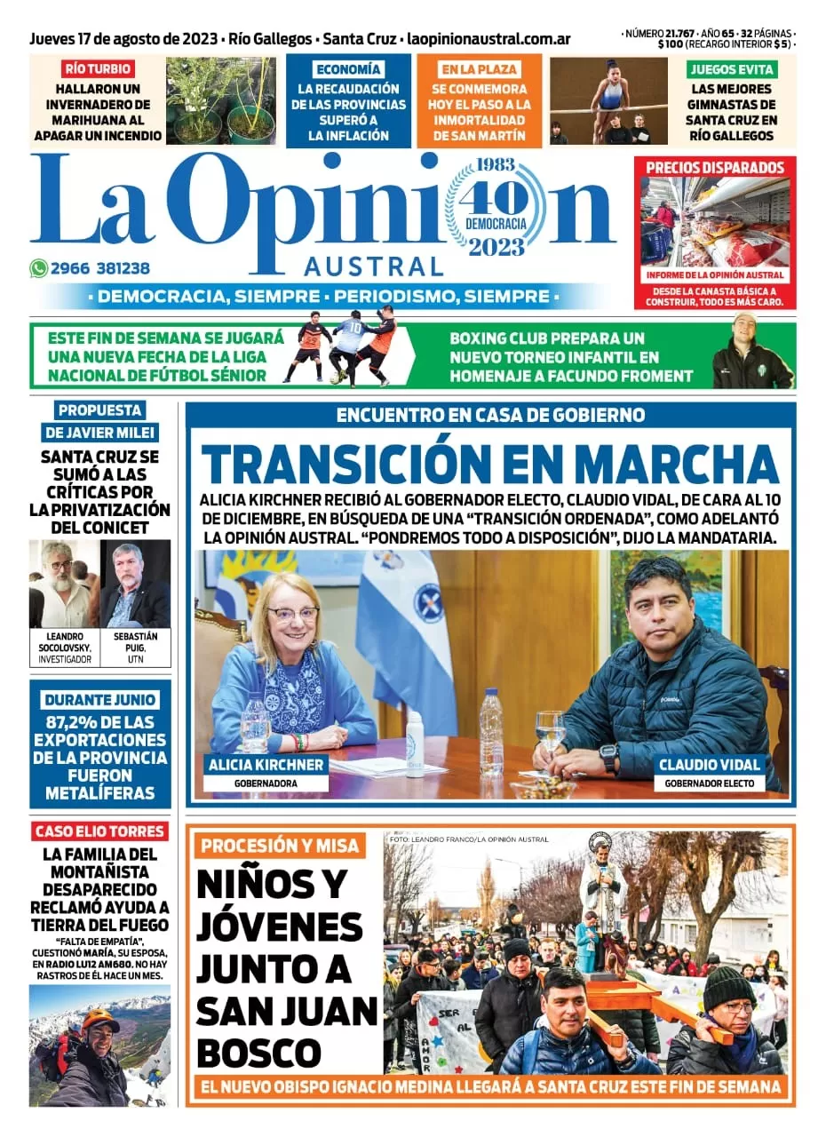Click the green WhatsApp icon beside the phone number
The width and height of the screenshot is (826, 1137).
[x=38, y=268]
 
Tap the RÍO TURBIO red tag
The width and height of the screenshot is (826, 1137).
[x=98, y=68]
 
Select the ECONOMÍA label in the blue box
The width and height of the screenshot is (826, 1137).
[x=348, y=68]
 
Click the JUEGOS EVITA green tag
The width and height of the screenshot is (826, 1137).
[x=732, y=68]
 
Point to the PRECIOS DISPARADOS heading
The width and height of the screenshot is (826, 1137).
[x=715, y=167]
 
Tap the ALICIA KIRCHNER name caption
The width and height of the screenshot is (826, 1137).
[x=266, y=765]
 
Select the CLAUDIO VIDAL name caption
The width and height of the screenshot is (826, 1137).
[x=709, y=765]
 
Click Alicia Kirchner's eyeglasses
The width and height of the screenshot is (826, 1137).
[x=293, y=614]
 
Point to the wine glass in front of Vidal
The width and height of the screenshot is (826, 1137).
[x=550, y=725]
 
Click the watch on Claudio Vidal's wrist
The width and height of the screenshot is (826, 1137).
[x=608, y=756]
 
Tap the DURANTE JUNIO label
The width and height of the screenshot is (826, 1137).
[x=99, y=699]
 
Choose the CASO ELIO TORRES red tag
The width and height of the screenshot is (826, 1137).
[x=99, y=831]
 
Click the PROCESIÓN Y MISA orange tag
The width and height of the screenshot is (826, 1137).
[x=280, y=845]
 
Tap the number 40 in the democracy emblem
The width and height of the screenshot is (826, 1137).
[x=495, y=196]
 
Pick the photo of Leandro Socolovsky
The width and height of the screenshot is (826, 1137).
[x=63, y=584]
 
